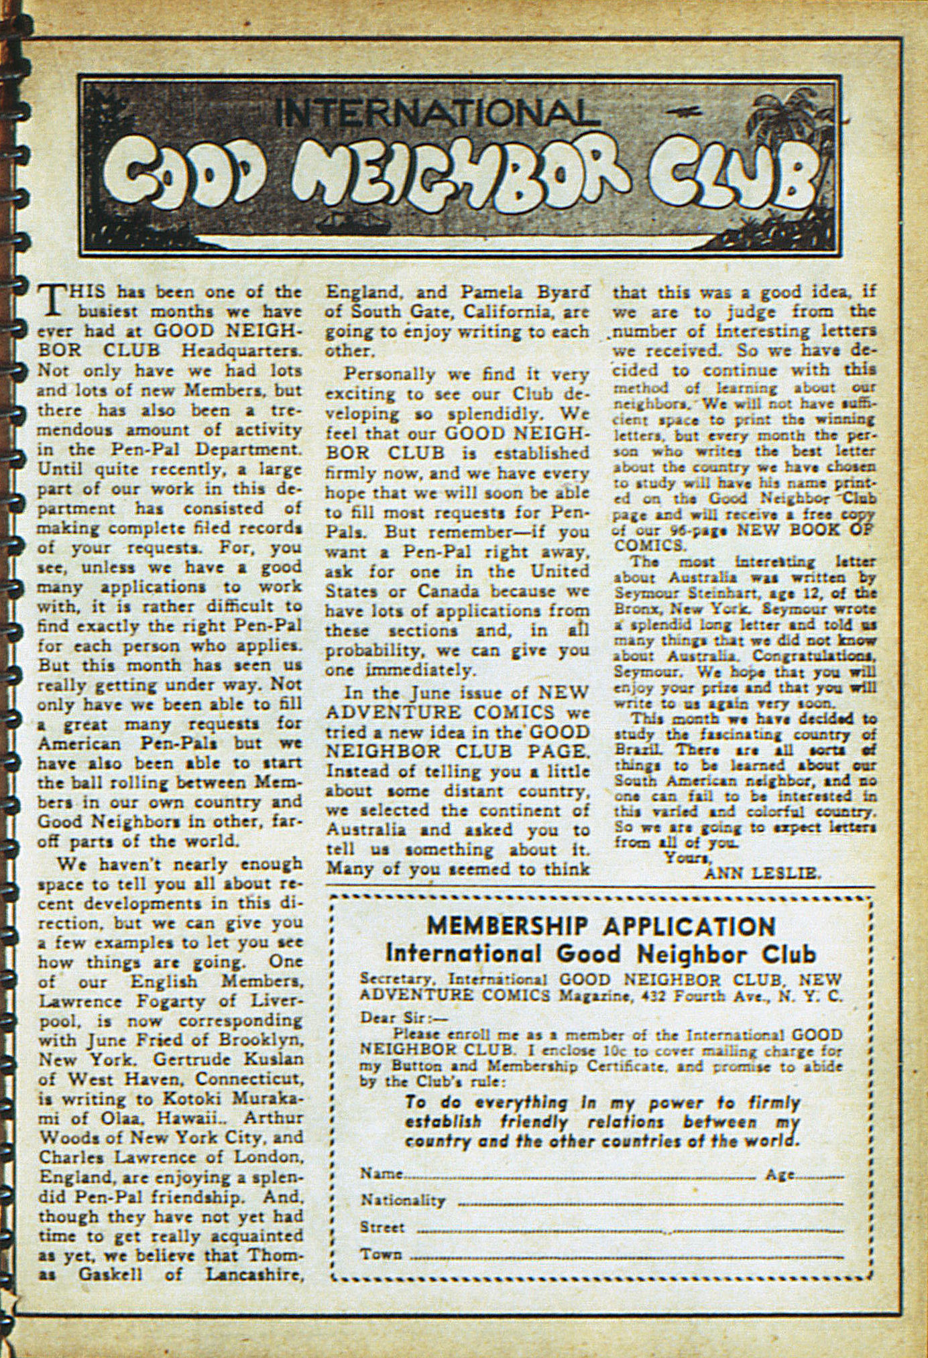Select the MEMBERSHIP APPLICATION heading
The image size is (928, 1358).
click(x=601, y=926)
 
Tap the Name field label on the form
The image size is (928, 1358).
click(x=381, y=1174)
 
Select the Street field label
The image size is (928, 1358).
click(x=382, y=1227)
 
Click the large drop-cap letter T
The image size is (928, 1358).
click(x=51, y=301)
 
